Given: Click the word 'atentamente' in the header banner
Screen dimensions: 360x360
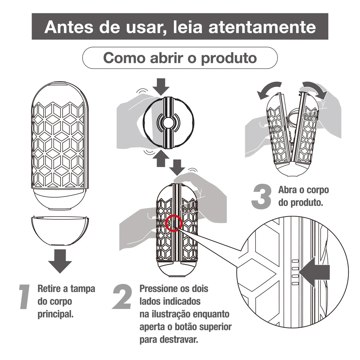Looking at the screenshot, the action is [262, 27].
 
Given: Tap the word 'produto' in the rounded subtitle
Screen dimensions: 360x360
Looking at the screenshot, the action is [229, 58].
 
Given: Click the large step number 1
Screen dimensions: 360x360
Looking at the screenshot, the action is [25, 297].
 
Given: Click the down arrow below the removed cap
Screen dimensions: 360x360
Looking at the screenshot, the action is [60, 261].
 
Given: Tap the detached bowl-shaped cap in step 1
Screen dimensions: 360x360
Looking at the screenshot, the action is [60, 231].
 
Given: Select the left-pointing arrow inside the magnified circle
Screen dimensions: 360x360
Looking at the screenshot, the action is [315, 272].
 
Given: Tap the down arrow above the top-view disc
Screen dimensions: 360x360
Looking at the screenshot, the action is [161, 86].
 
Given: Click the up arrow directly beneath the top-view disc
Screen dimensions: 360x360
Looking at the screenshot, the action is [161, 159].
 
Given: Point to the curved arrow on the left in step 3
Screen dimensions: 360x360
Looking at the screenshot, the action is [268, 89].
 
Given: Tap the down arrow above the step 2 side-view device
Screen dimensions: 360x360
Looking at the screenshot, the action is [177, 167].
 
